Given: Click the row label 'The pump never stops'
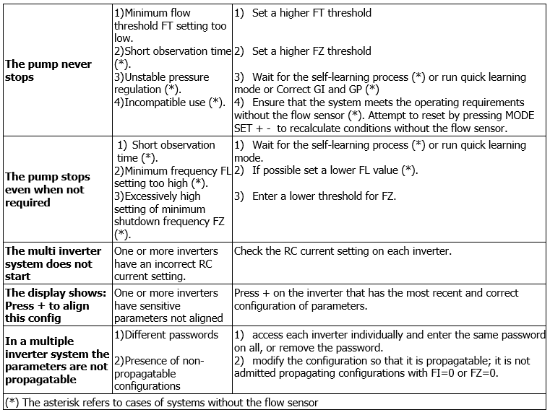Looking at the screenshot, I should click(48, 70).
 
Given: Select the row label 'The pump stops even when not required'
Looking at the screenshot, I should click(48, 189).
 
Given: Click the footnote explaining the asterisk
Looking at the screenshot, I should click(161, 402).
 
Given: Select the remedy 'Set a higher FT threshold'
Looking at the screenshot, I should click(311, 12).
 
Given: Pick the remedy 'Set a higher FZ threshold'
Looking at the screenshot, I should click(311, 51).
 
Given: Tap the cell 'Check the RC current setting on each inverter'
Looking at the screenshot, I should click(342, 251).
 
